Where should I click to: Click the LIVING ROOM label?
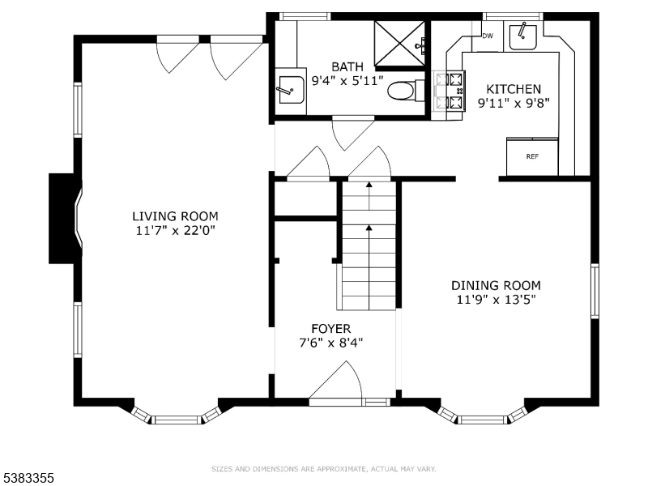coord(175,216)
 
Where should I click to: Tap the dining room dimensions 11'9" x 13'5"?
coord(496,299)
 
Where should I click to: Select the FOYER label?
coord(331,329)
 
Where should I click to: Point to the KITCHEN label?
coord(514,89)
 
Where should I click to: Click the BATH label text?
coord(347,66)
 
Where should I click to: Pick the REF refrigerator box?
coord(532,156)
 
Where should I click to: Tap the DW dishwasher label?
coord(488,36)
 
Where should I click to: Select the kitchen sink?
coord(522,36)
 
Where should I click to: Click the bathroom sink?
coord(291,90)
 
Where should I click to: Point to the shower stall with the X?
coord(399,44)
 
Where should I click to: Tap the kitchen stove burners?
coord(450,90)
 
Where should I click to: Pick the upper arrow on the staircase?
coord(369,195)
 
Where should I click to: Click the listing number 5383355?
coord(27,478)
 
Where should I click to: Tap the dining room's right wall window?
coord(595,291)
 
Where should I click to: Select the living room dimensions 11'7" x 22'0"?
coord(175,230)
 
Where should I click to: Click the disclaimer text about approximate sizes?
coord(323,469)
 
